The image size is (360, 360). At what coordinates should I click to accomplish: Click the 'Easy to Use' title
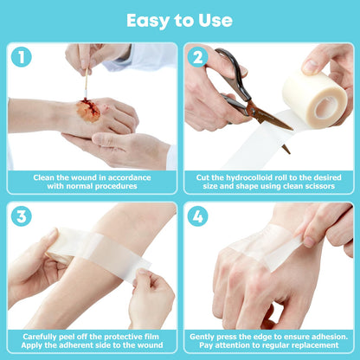coord(179,19)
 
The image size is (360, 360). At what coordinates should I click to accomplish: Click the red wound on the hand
coord(87,110)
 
